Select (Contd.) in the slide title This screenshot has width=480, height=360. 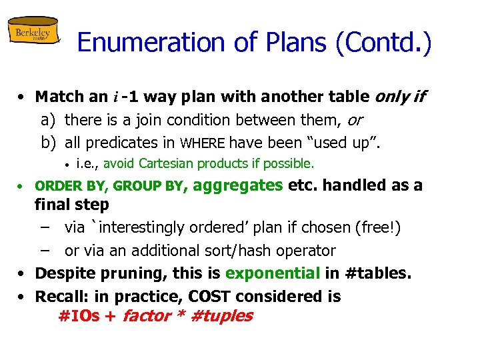pyautogui.click(x=385, y=43)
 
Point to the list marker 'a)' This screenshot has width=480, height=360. pyautogui.click(x=47, y=120)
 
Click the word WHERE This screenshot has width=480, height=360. pyautogui.click(x=203, y=142)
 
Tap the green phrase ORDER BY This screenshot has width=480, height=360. pyautogui.click(x=66, y=186)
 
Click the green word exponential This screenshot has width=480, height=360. pyautogui.click(x=273, y=273)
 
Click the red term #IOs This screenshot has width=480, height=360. pyautogui.click(x=79, y=316)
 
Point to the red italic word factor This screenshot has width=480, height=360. pyautogui.click(x=146, y=316)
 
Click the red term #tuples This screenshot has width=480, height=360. pyautogui.click(x=221, y=316)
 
